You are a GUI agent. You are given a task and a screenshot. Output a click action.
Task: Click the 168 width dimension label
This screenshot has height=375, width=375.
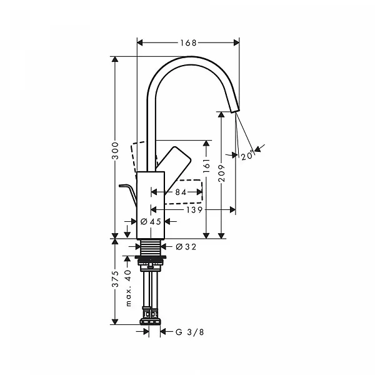click(x=187, y=42)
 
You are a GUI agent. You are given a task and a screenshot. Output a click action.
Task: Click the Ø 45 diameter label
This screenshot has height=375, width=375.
click(x=151, y=221)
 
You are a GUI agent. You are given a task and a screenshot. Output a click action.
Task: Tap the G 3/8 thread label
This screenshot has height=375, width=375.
click(x=189, y=332)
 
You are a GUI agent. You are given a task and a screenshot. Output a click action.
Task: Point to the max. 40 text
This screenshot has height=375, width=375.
click(x=127, y=287)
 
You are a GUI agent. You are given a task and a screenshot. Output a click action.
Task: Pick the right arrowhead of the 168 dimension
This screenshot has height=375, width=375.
click(x=236, y=42)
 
